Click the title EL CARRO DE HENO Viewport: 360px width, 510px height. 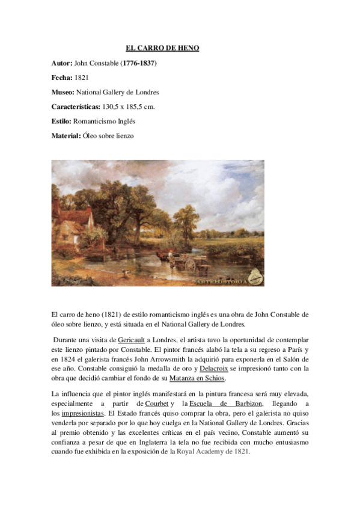(162, 48)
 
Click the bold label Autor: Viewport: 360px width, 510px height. (62, 63)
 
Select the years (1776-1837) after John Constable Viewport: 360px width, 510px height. (141, 63)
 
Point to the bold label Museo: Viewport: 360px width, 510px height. (63, 92)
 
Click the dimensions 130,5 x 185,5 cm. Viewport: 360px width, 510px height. (130, 106)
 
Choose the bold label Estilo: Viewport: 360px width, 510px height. (62, 121)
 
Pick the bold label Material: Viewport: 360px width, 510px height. (66, 136)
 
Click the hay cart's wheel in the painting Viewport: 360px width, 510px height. (191, 264)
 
